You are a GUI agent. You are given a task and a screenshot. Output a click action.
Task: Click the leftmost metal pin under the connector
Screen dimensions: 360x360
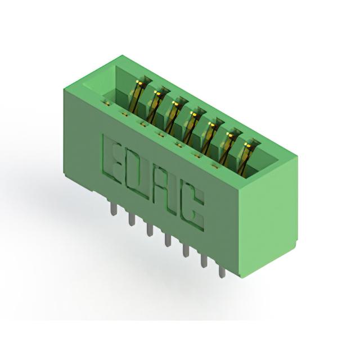coord(114,209)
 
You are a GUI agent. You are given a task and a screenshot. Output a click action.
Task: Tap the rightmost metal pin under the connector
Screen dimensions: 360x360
coord(222,272)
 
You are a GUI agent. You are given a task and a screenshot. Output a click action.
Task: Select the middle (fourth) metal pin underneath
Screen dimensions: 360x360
coord(168,240)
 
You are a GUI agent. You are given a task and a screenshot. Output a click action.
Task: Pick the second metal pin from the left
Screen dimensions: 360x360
coord(132,219)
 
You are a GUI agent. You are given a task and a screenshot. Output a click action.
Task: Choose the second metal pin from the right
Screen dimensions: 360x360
coord(204,262)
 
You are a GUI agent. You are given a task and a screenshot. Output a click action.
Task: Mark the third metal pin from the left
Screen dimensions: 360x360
coord(150,230)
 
